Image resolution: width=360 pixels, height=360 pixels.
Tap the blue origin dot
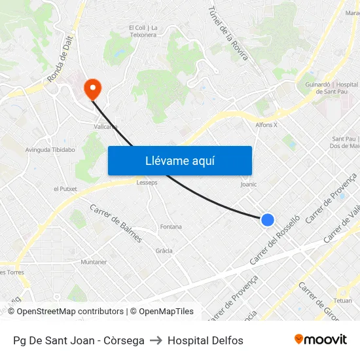[267, 220]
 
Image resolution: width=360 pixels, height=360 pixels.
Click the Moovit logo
[320, 340]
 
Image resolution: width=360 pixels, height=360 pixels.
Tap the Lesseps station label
[147, 183]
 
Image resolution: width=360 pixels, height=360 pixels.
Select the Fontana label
[171, 226]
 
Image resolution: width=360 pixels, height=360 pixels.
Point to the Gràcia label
[164, 251]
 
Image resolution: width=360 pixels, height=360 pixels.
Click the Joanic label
[249, 185]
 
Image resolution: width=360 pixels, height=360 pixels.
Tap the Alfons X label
[266, 124]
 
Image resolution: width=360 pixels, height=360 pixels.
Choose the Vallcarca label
[105, 127]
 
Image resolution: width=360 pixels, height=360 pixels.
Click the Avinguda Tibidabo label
[50, 150]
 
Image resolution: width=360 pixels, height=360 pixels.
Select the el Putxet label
[65, 189]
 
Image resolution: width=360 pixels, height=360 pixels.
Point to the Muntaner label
[93, 262]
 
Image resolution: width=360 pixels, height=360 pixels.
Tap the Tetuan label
[342, 300]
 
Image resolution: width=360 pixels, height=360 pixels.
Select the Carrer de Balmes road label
[116, 223]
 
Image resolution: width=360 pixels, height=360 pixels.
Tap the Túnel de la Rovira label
[228, 33]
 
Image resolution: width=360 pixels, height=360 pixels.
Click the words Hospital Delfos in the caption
[205, 340]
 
